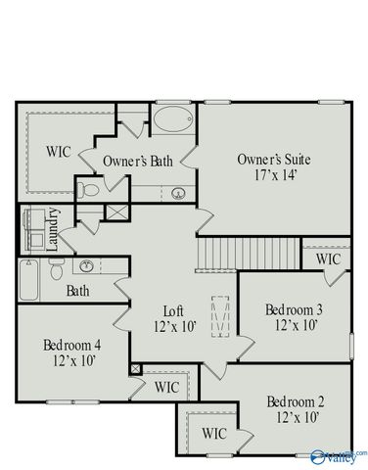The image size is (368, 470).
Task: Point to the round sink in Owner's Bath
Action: click(x=179, y=192)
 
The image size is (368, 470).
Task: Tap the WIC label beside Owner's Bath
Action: click(x=59, y=153)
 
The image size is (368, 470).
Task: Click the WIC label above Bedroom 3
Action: click(x=327, y=259)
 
